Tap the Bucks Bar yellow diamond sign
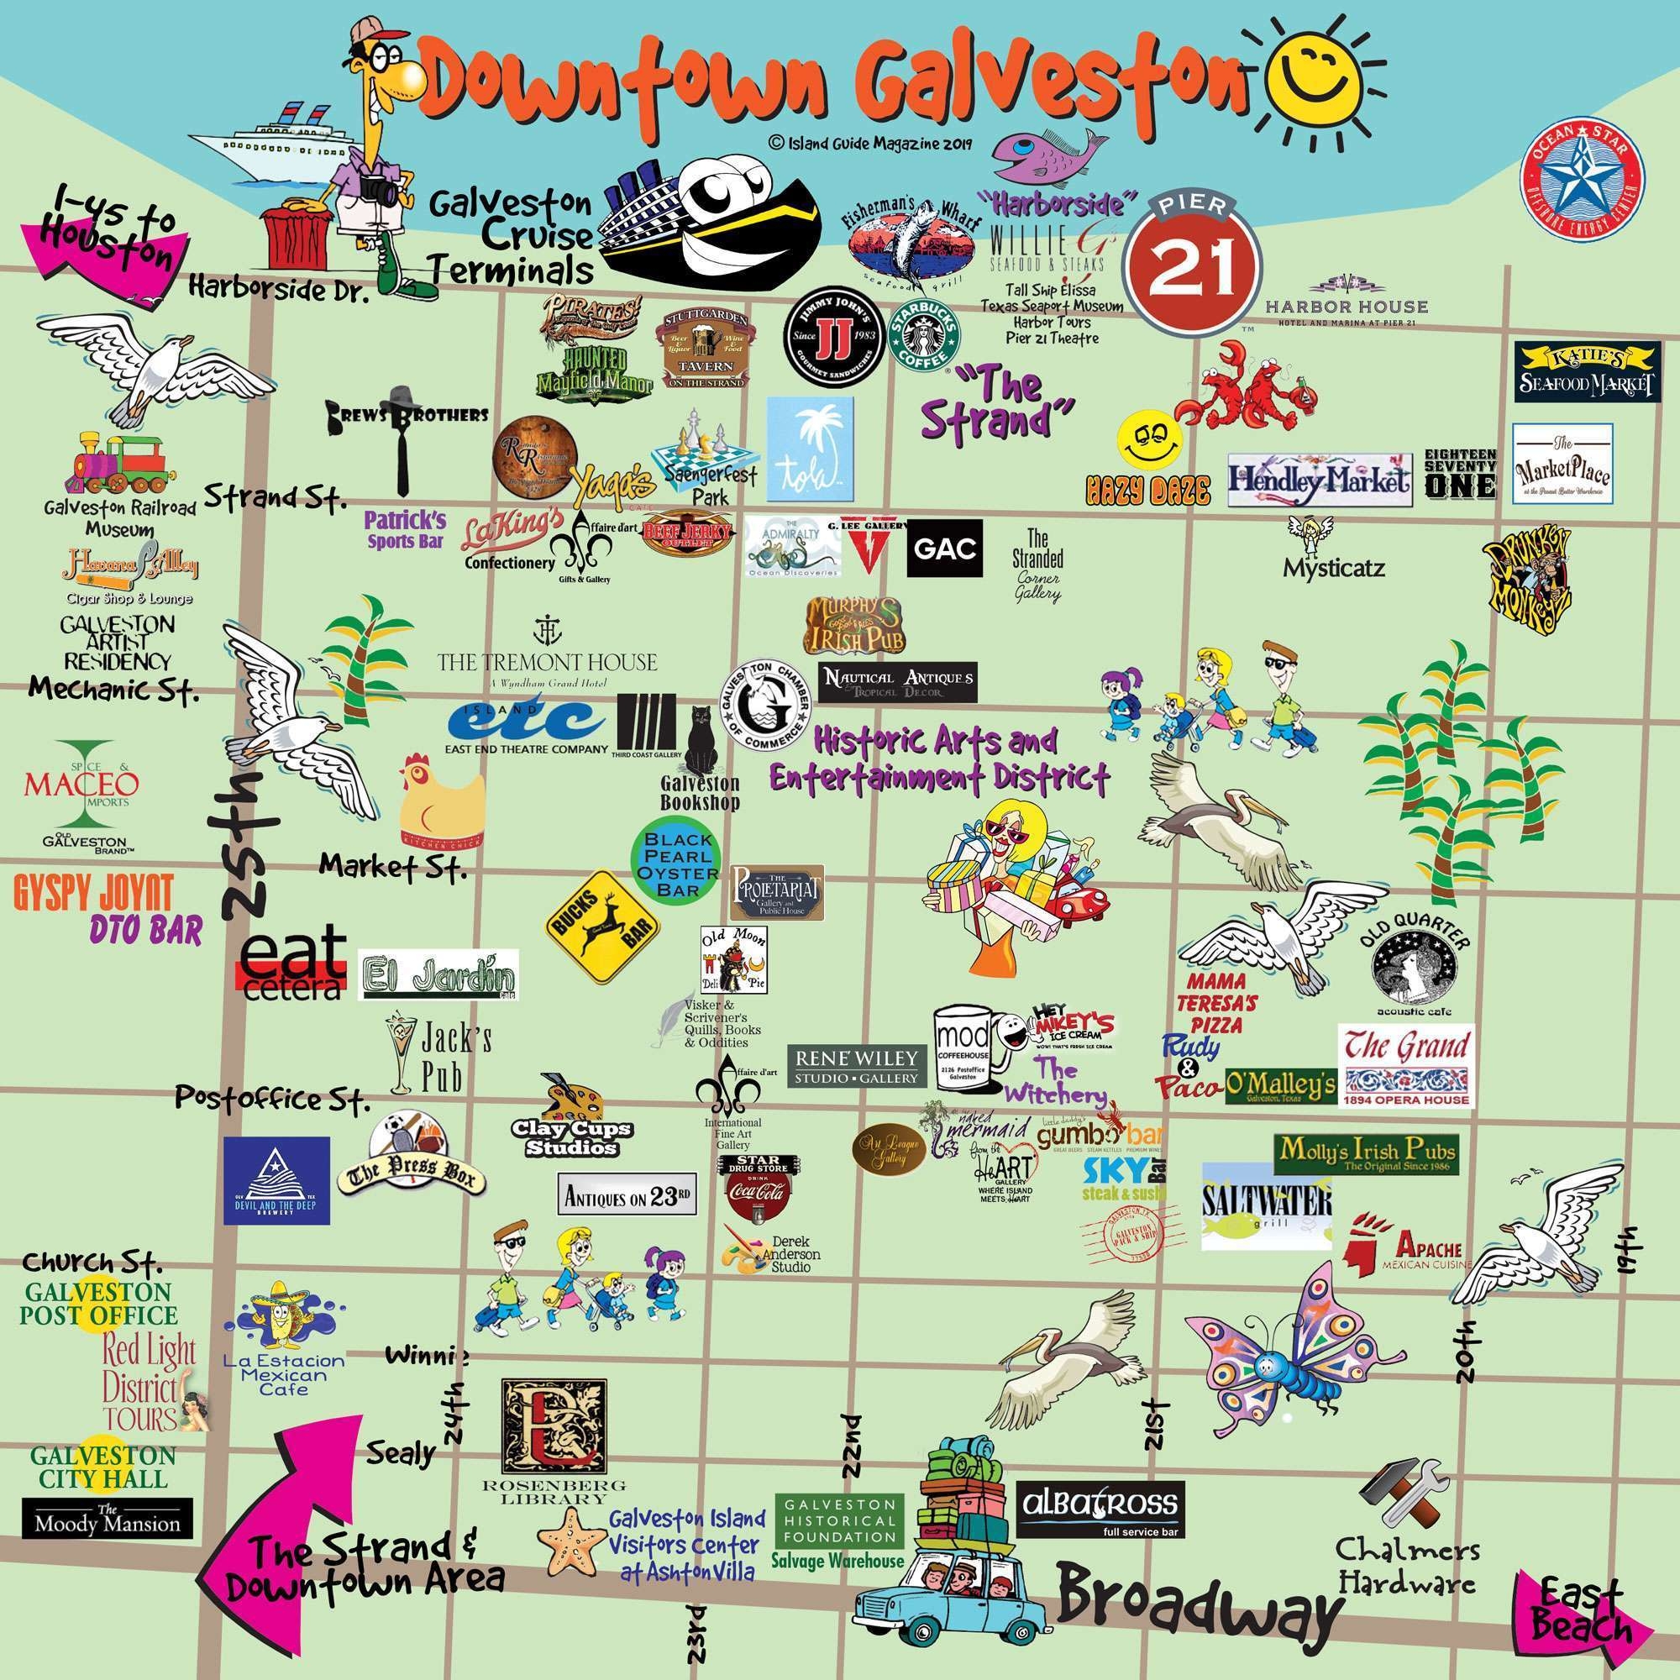[601, 930]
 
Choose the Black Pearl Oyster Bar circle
[677, 864]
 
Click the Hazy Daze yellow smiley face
[1146, 443]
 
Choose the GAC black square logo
[944, 548]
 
